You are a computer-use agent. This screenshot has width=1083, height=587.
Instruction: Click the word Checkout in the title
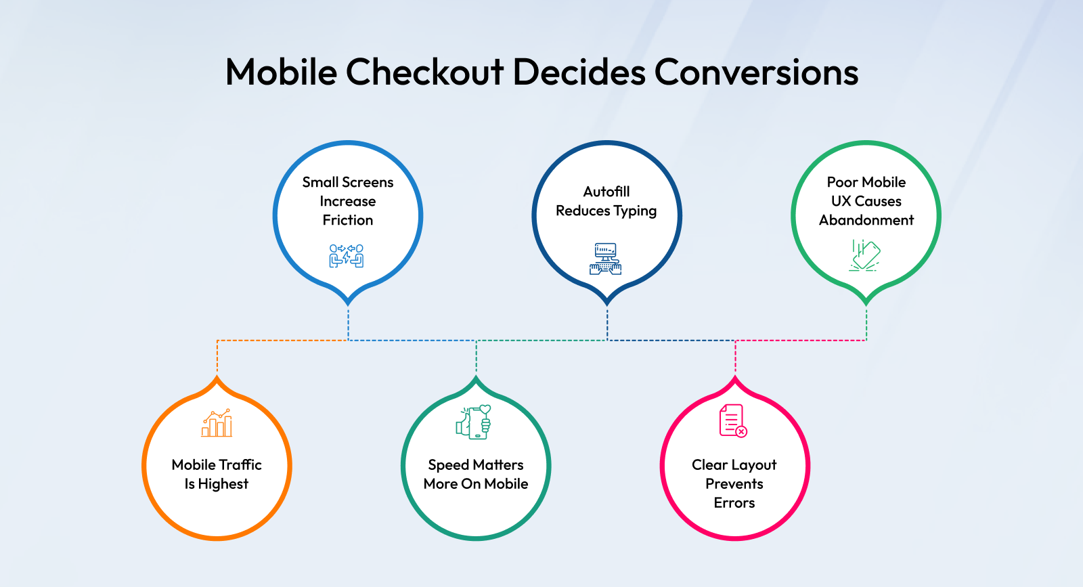pos(425,72)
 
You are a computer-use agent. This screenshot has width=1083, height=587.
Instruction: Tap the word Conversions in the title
pos(756,72)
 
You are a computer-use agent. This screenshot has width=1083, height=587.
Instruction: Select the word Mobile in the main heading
pos(281,72)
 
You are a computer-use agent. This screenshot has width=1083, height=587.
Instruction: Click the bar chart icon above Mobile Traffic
pos(217,423)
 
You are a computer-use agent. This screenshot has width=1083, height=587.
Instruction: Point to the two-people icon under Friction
pos(347,256)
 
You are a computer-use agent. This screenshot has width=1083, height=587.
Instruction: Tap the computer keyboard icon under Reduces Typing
pos(605,259)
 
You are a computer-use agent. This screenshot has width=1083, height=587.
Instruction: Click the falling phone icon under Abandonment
pos(865,255)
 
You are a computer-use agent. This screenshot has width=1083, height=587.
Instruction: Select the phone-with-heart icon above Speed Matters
pos(474,422)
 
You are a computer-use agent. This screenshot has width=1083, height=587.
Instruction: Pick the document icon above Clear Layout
pos(733,420)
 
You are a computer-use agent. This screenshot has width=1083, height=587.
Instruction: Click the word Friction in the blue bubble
pos(348,220)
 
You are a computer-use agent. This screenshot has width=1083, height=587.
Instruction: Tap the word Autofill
pos(606,192)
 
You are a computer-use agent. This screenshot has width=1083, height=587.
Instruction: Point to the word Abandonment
pos(866,220)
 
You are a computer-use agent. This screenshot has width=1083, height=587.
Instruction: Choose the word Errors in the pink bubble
pos(734,503)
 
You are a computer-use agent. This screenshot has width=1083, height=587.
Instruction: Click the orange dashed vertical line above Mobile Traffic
pos(217,357)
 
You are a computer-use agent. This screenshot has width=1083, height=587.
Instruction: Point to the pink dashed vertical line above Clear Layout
pos(735,357)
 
